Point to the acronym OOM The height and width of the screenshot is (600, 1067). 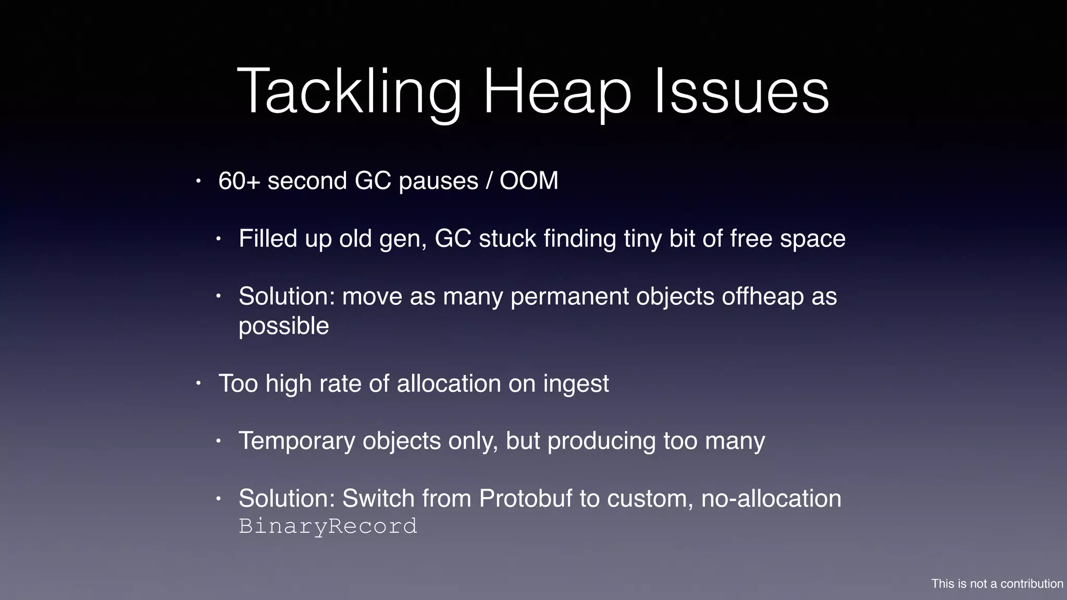coord(529,181)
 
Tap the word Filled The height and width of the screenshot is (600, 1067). coord(268,239)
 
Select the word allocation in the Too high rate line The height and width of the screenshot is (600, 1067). coord(449,384)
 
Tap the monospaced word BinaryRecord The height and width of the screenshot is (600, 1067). coord(328,526)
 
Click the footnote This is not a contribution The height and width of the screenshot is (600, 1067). coord(997,584)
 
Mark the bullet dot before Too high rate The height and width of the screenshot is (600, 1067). coord(198,384)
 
